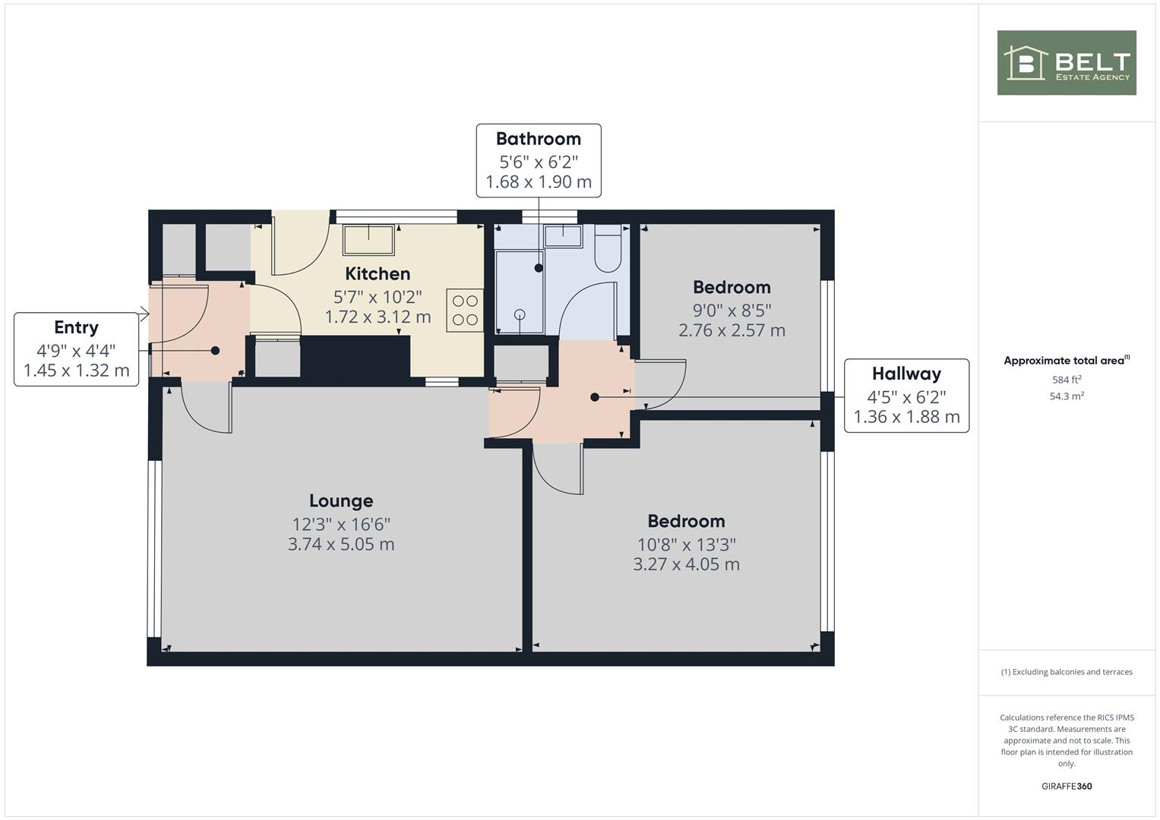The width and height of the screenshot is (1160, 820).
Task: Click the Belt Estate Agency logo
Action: click(x=1066, y=63)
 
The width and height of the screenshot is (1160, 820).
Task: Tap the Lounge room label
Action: click(x=341, y=501)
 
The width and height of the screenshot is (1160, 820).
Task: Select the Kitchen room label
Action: click(x=378, y=274)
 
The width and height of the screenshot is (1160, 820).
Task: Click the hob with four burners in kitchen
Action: click(x=465, y=310)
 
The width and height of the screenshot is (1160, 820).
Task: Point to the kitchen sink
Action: click(x=368, y=239)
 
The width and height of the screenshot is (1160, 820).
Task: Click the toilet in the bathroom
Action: click(x=608, y=248)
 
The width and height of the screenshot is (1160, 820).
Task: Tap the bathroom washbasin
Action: click(x=562, y=235)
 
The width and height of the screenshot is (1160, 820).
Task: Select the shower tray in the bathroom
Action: click(x=520, y=292)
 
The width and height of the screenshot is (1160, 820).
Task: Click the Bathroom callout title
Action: click(x=538, y=139)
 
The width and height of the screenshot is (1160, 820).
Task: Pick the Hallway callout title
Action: click(x=906, y=374)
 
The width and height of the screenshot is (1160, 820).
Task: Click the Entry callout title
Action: click(x=76, y=327)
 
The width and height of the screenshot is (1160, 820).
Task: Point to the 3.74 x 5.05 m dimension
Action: click(x=341, y=544)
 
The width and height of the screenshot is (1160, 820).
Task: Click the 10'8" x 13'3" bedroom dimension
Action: click(x=686, y=544)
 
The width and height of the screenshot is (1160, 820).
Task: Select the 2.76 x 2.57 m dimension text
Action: click(x=732, y=330)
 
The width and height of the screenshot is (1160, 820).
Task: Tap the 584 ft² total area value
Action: click(x=1066, y=380)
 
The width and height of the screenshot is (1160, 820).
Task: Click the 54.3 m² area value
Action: click(x=1066, y=396)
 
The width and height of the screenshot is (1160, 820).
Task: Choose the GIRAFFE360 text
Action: click(x=1066, y=786)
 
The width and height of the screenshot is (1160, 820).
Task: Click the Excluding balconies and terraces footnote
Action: click(x=1066, y=672)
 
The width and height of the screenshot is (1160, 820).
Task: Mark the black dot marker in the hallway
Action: click(x=595, y=397)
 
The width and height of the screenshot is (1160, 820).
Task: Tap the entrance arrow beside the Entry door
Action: click(x=144, y=313)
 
